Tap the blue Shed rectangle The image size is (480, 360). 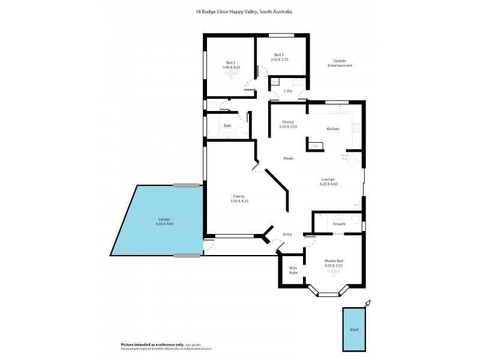[354, 329]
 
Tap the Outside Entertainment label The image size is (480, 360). [340, 63]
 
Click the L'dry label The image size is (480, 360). [288, 91]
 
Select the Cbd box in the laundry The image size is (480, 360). [275, 82]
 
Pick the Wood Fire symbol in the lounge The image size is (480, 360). [353, 161]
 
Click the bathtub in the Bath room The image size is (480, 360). [213, 127]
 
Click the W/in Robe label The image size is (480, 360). [293, 270]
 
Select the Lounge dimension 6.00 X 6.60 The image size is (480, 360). [329, 184]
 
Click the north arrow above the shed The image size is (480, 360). [368, 303]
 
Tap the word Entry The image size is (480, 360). [287, 234]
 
